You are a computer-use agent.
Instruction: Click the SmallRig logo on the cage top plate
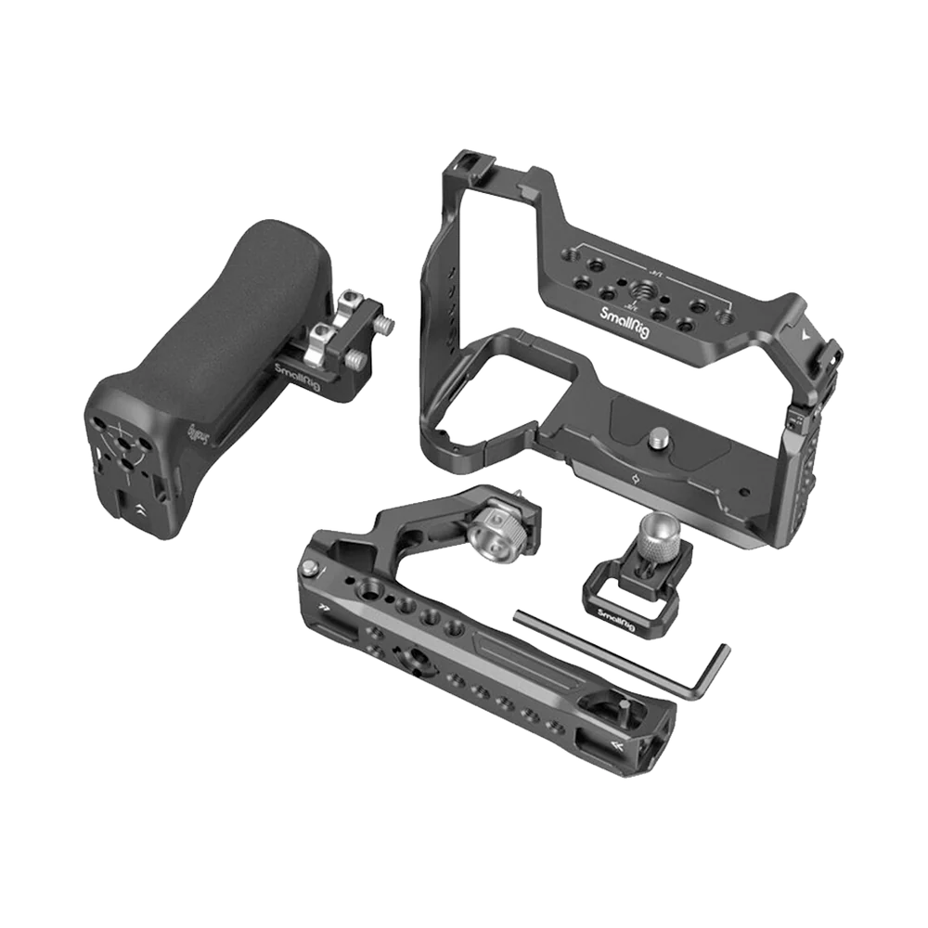[x=628, y=317]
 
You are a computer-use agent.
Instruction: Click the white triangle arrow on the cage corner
[x=805, y=329]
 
